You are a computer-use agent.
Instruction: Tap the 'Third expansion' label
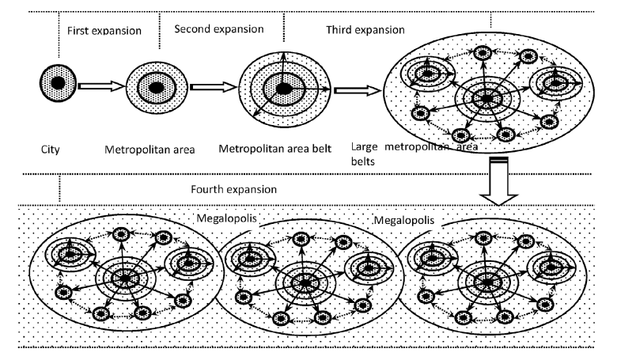point(365,29)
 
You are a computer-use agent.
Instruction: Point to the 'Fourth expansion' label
point(233,190)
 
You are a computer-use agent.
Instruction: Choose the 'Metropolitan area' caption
point(156,149)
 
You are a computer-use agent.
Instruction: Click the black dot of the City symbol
point(57,81)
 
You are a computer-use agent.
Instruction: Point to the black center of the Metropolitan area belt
point(282,88)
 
